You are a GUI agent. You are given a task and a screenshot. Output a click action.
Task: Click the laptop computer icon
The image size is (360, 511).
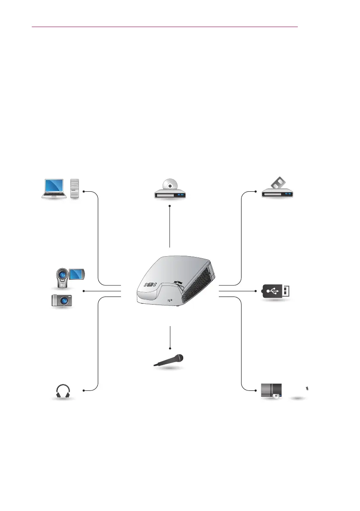[54, 189]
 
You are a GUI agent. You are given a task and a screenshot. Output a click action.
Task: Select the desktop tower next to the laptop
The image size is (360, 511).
[75, 189]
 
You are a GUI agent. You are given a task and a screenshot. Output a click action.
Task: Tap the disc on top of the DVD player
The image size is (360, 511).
[170, 186]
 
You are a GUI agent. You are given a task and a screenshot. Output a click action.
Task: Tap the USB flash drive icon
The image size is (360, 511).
[277, 292]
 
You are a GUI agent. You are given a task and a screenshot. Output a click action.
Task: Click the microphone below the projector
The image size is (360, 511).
[169, 360]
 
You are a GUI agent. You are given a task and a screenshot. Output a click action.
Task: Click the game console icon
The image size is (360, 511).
[272, 391]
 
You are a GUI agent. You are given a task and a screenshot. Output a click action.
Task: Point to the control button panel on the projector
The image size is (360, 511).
[150, 284]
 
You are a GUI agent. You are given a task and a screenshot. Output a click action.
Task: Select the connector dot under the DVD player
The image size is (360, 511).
[170, 206]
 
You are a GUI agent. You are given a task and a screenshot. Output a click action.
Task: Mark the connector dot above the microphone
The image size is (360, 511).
[170, 348]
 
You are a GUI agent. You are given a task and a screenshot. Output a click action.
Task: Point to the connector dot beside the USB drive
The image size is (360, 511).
[257, 291]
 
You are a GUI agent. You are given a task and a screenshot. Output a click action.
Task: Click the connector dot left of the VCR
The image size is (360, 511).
[257, 192]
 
